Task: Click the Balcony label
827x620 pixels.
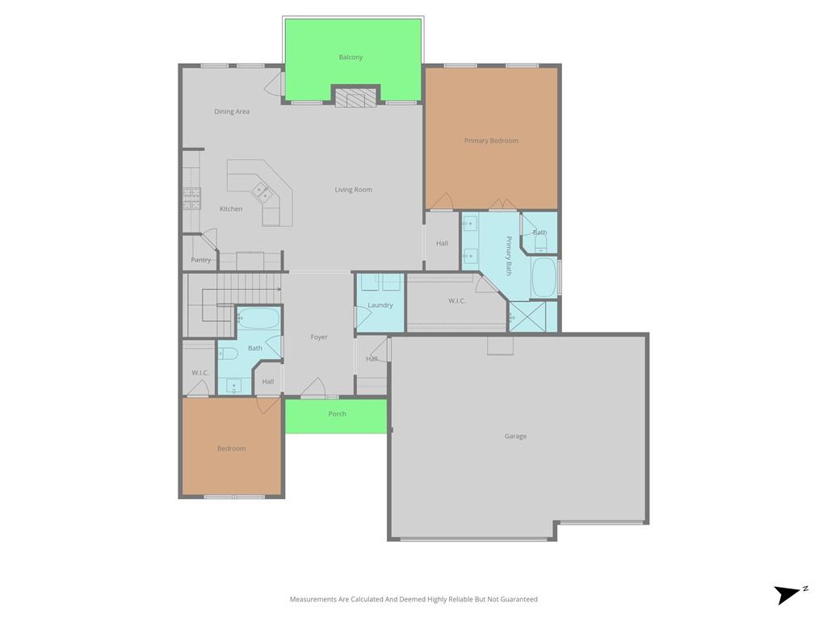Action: tap(351, 57)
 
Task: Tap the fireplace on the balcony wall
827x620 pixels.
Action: tap(355, 98)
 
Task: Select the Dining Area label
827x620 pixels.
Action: tap(232, 111)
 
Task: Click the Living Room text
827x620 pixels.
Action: tap(354, 190)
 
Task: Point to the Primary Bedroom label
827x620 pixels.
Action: tap(491, 140)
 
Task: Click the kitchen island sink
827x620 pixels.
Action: tap(262, 192)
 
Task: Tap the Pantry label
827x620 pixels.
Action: tap(201, 260)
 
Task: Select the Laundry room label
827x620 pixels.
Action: tap(380, 305)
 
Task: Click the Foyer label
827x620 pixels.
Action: tap(319, 337)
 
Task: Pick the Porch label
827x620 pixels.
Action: tap(338, 414)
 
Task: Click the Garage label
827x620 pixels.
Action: tap(515, 437)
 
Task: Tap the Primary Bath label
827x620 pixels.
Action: tap(509, 256)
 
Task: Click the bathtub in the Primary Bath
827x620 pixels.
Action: tap(544, 278)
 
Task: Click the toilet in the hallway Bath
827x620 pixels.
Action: tap(229, 354)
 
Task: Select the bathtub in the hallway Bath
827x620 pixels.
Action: tap(258, 318)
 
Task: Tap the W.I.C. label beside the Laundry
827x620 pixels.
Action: tap(457, 301)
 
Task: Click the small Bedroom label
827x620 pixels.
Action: tap(232, 449)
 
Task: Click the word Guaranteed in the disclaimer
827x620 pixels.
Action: tap(518, 600)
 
